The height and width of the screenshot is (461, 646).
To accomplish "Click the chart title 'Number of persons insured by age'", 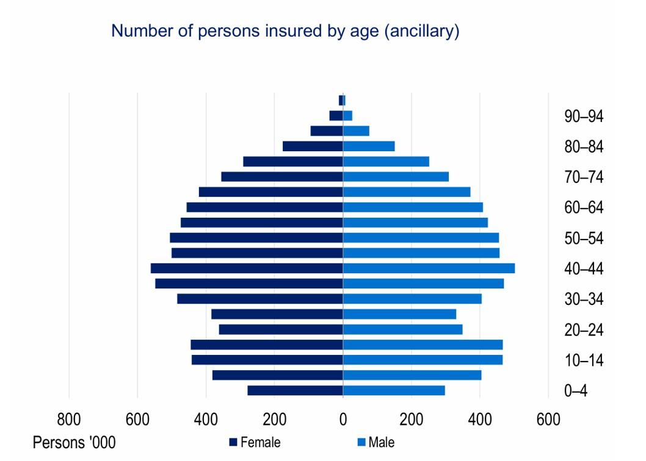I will (285, 32).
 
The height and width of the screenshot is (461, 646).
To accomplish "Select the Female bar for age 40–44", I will (247, 268).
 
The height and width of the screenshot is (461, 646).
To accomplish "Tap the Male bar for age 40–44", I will (429, 268).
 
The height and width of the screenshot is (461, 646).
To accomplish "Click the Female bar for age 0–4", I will (295, 390).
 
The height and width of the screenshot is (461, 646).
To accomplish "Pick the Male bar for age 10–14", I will (423, 360).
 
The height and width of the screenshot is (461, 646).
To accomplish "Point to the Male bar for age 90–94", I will (347, 115).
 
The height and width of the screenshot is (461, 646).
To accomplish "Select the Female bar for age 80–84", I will (313, 146).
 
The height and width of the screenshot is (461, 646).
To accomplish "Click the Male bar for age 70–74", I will (396, 177).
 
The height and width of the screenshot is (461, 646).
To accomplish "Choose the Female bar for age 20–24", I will (281, 329).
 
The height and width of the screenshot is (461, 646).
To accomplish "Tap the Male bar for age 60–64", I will (413, 207).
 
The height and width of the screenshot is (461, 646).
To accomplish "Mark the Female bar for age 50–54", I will (256, 238).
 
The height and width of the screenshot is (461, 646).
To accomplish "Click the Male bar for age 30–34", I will (412, 299).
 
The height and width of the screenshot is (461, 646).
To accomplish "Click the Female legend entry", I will (255, 443).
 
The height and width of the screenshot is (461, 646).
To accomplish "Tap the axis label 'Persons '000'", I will (74, 442).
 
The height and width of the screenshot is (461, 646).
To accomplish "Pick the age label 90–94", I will (584, 116).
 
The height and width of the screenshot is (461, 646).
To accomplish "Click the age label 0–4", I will (576, 391).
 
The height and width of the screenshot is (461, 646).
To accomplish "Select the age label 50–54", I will (584, 238).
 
